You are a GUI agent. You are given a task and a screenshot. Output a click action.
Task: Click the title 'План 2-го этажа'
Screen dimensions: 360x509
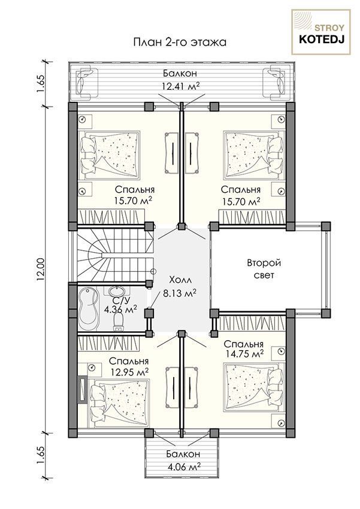[x=180, y=43]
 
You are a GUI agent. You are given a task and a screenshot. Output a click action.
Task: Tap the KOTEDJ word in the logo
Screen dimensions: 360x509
[x=321, y=40]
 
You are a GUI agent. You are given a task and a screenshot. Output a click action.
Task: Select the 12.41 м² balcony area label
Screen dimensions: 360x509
[x=180, y=86]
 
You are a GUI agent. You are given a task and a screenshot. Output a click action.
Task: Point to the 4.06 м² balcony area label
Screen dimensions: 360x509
[x=183, y=467]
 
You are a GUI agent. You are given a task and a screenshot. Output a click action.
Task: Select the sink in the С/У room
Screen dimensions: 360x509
[x=114, y=290]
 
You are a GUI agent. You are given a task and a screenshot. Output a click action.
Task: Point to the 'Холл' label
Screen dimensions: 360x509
[x=180, y=280]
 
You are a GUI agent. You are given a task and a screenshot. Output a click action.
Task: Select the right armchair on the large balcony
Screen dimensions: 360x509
[x=279, y=83]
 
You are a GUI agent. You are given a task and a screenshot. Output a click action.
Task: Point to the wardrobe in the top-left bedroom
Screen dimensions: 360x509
[x=111, y=216]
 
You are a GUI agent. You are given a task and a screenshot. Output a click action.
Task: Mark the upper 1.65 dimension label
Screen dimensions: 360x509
[x=41, y=84]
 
